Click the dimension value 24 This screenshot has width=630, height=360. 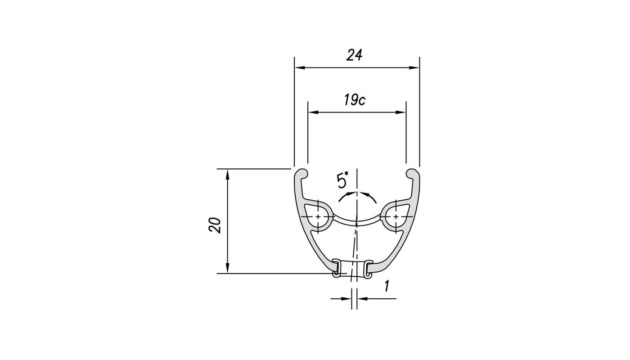(355, 55)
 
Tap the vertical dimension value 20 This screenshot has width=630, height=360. (216, 225)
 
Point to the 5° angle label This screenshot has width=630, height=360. (342, 181)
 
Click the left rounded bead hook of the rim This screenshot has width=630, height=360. (302, 173)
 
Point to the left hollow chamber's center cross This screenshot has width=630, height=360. (319, 217)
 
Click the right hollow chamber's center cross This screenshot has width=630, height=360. (396, 217)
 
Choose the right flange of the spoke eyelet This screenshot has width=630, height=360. (369, 268)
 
